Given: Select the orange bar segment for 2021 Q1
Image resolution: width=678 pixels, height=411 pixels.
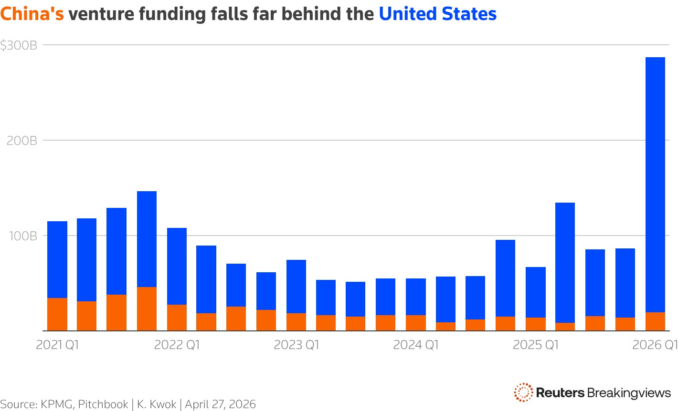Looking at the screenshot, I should (x=57, y=314).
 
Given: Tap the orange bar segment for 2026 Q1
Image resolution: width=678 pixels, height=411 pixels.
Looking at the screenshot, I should (x=655, y=321).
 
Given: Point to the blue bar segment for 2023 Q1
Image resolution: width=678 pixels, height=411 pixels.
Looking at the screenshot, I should (x=297, y=287).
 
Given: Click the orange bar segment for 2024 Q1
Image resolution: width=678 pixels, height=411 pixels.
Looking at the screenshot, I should (x=416, y=323).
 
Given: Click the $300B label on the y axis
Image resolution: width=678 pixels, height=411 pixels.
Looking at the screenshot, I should (x=19, y=45).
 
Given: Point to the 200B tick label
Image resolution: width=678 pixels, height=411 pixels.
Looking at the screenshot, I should (x=21, y=141).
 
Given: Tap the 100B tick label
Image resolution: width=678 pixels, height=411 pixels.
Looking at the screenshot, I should (x=21, y=236).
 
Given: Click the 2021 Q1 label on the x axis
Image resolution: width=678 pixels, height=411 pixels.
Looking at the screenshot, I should (x=57, y=345).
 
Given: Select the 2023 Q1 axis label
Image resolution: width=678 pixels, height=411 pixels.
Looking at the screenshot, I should (x=297, y=345).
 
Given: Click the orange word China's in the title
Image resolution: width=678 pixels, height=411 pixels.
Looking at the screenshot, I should (x=32, y=14).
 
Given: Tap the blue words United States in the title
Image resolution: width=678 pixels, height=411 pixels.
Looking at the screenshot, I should (x=438, y=14).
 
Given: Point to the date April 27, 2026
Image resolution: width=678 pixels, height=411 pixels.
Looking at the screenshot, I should (x=221, y=404).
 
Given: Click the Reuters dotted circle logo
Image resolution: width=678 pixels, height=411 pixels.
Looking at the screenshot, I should (x=523, y=392).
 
